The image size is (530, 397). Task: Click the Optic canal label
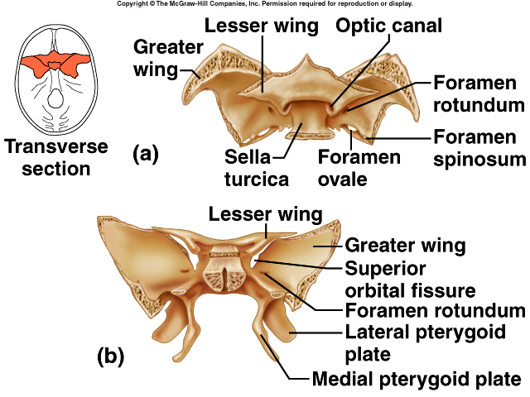tap(388, 25)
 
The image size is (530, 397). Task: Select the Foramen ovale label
tap(360, 167)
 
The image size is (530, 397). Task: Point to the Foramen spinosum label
tap(479, 147)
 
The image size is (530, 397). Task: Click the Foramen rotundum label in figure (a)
tap(479, 93)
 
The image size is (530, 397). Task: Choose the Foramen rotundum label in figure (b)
tap(434, 311)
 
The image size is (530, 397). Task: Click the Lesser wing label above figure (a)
tap(261, 26)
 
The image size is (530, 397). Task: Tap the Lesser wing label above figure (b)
tap(265, 215)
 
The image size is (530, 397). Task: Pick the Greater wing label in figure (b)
tap(405, 246)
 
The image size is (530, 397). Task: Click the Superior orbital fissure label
tap(409, 280)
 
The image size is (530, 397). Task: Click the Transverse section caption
tap(56, 157)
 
